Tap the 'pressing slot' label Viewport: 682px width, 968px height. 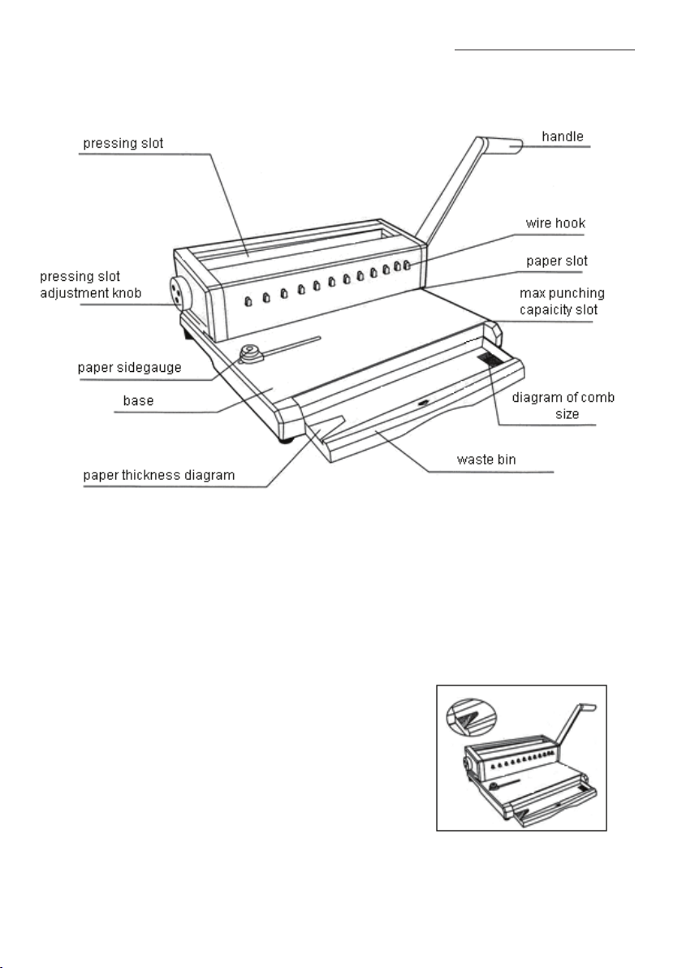(x=124, y=144)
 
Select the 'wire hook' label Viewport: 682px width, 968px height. (x=559, y=223)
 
